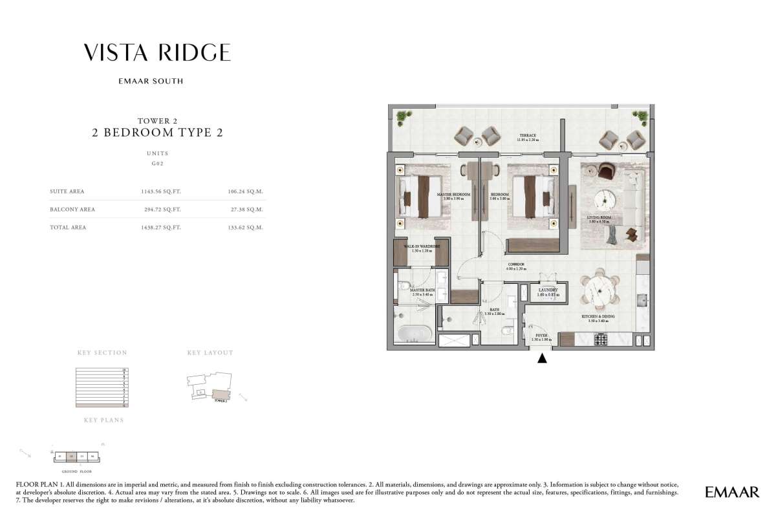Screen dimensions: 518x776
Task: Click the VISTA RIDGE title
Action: [x=157, y=52]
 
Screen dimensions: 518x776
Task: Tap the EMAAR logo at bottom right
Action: [x=732, y=493]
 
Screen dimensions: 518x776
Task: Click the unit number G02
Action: [x=157, y=165]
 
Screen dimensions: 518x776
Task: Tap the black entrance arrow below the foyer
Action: [x=542, y=358]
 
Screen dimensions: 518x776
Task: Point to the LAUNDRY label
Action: [x=548, y=291]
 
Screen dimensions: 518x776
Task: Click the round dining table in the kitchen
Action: [x=599, y=291]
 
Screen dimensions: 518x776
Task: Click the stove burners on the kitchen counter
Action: [x=601, y=339]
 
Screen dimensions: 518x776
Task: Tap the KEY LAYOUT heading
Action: [x=210, y=353]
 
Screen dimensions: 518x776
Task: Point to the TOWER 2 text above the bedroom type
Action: [x=157, y=120]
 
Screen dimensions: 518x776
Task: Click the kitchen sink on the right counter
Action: [x=642, y=299]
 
